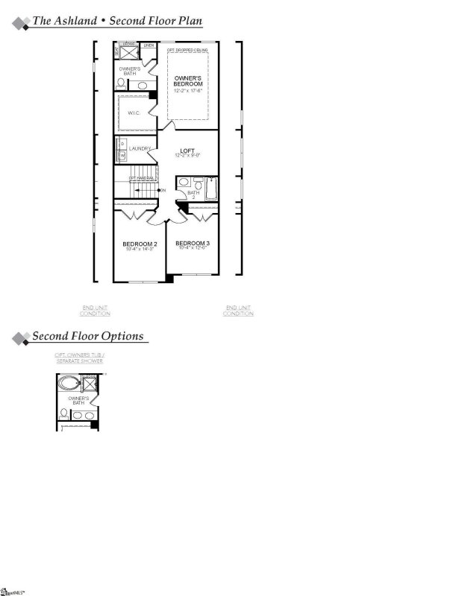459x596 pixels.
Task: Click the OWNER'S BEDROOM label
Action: click(188, 81)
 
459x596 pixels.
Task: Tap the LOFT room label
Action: click(187, 150)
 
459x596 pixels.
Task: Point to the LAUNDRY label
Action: click(140, 149)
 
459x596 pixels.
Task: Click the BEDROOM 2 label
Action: click(140, 244)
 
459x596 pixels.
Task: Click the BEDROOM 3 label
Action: click(193, 244)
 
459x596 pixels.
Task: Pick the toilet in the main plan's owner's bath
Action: click(121, 84)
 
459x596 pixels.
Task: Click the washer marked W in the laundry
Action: click(122, 155)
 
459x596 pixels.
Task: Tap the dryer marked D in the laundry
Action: click(122, 143)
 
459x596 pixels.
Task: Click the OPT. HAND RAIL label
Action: click(142, 178)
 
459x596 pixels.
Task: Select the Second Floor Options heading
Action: click(87, 336)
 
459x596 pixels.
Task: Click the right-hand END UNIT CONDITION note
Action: click(238, 311)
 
